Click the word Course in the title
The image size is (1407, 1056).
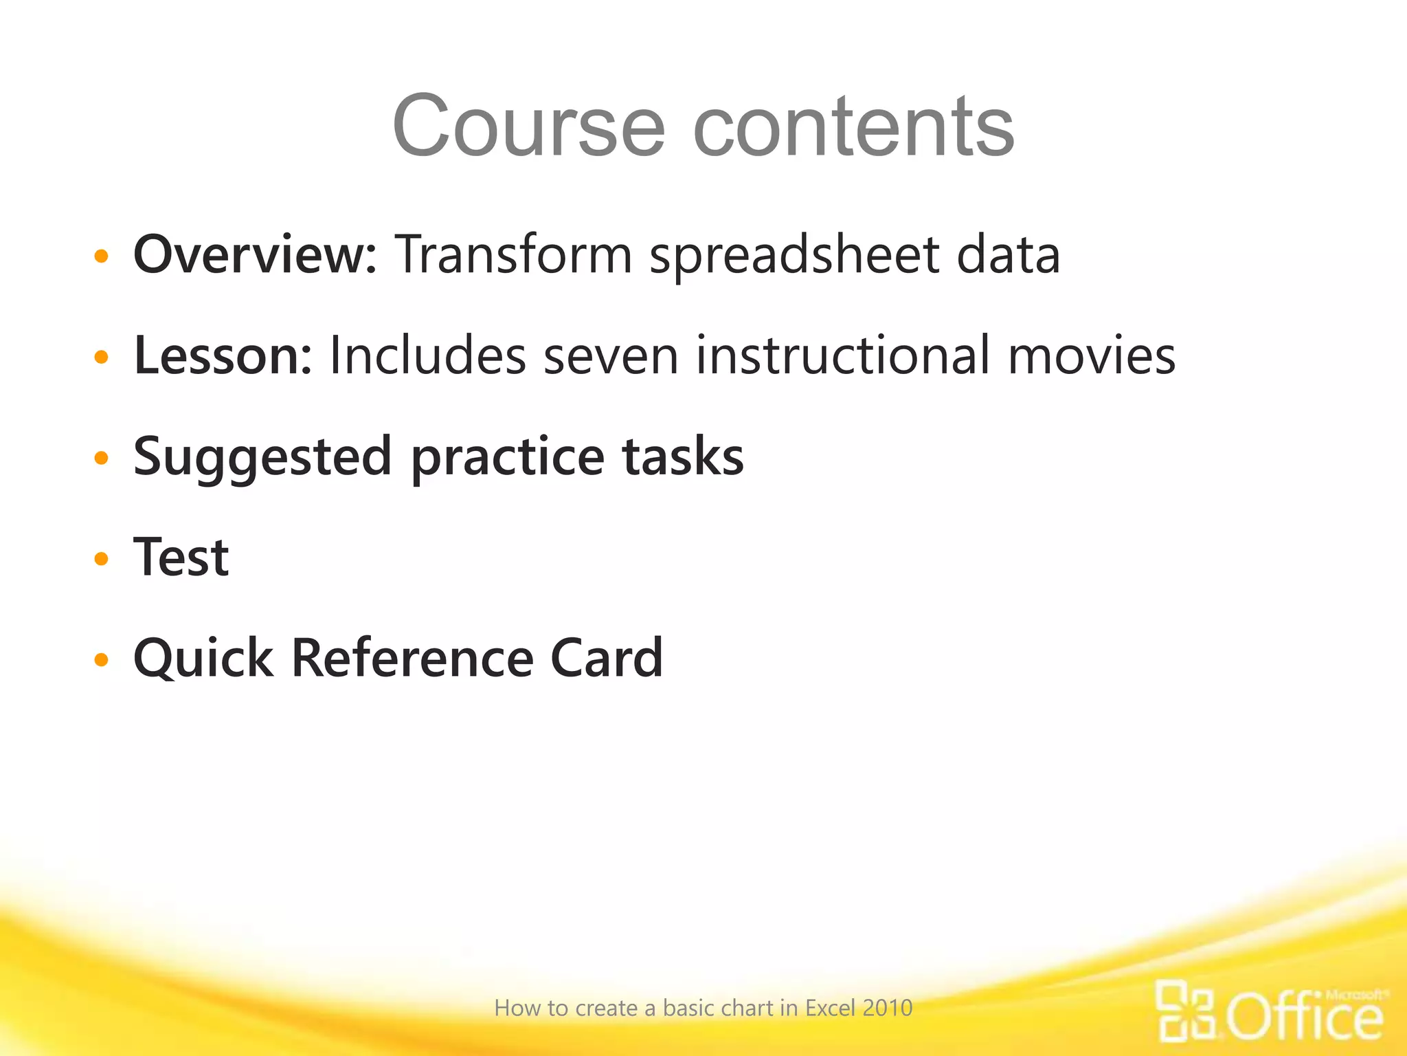pyautogui.click(x=528, y=126)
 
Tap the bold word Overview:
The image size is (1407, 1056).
pyautogui.click(x=255, y=254)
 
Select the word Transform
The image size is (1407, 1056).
pyautogui.click(x=513, y=254)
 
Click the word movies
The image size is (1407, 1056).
pyautogui.click(x=1092, y=355)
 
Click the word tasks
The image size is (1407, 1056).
pyautogui.click(x=683, y=456)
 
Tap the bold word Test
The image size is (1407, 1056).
pyautogui.click(x=181, y=557)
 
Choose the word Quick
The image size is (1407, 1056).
pyautogui.click(x=203, y=659)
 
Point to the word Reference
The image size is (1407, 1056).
pyautogui.click(x=412, y=658)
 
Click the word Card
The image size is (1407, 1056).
pyautogui.click(x=607, y=658)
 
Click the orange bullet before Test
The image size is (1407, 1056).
pyautogui.click(x=102, y=559)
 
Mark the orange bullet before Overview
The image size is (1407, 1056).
pyautogui.click(x=102, y=256)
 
